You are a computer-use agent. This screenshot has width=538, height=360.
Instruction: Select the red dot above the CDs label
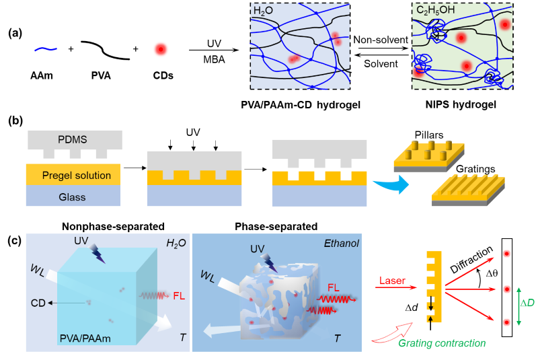[160, 49]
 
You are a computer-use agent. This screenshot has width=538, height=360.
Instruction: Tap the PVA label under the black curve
[101, 75]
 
